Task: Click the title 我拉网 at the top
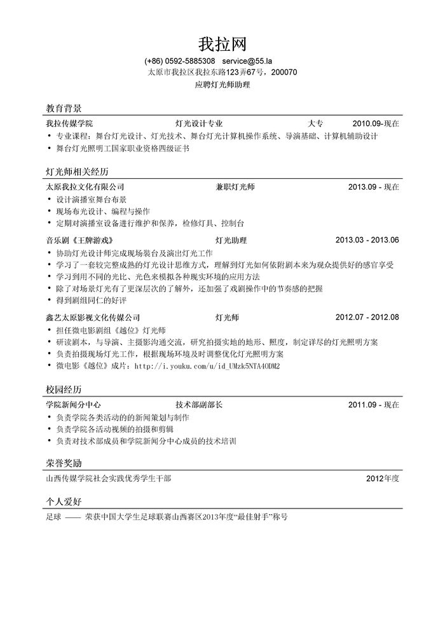tap(222, 44)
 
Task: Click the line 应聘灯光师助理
tap(222, 84)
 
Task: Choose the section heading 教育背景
tap(64, 108)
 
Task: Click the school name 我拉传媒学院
tap(69, 123)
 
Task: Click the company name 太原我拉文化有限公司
tap(85, 187)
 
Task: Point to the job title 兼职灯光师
tap(235, 187)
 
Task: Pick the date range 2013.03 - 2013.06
tap(367, 240)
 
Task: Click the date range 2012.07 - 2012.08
tap(367, 317)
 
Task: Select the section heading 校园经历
tap(64, 389)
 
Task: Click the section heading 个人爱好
tap(64, 502)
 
